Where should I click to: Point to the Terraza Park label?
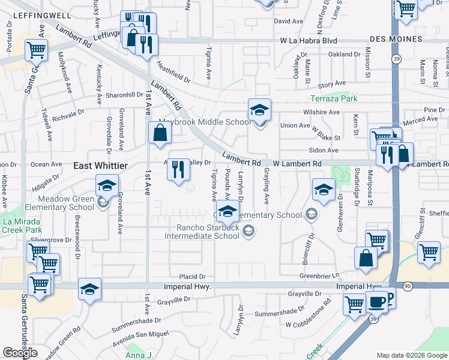[x=334, y=98]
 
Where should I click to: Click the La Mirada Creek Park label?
[x=22, y=225]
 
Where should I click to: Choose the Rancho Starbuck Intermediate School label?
[x=208, y=232]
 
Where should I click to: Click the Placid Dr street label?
[x=193, y=277]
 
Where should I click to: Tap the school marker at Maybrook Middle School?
[x=259, y=110]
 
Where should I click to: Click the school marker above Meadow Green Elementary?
[x=106, y=187]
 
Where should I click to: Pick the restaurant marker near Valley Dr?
[x=178, y=170]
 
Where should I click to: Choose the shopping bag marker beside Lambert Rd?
[x=160, y=134]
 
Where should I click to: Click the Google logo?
[x=20, y=353]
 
